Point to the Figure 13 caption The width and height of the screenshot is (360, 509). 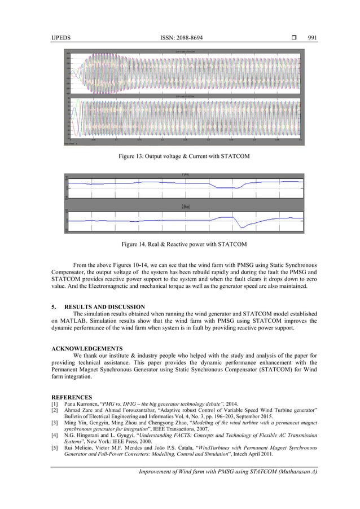tap(180, 155)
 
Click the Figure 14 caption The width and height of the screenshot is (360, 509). tap(181, 244)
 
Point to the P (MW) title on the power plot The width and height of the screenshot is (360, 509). tap(185, 175)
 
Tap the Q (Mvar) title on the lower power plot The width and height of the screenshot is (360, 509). tap(185, 207)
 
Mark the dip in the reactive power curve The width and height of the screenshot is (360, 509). tap(242, 226)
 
